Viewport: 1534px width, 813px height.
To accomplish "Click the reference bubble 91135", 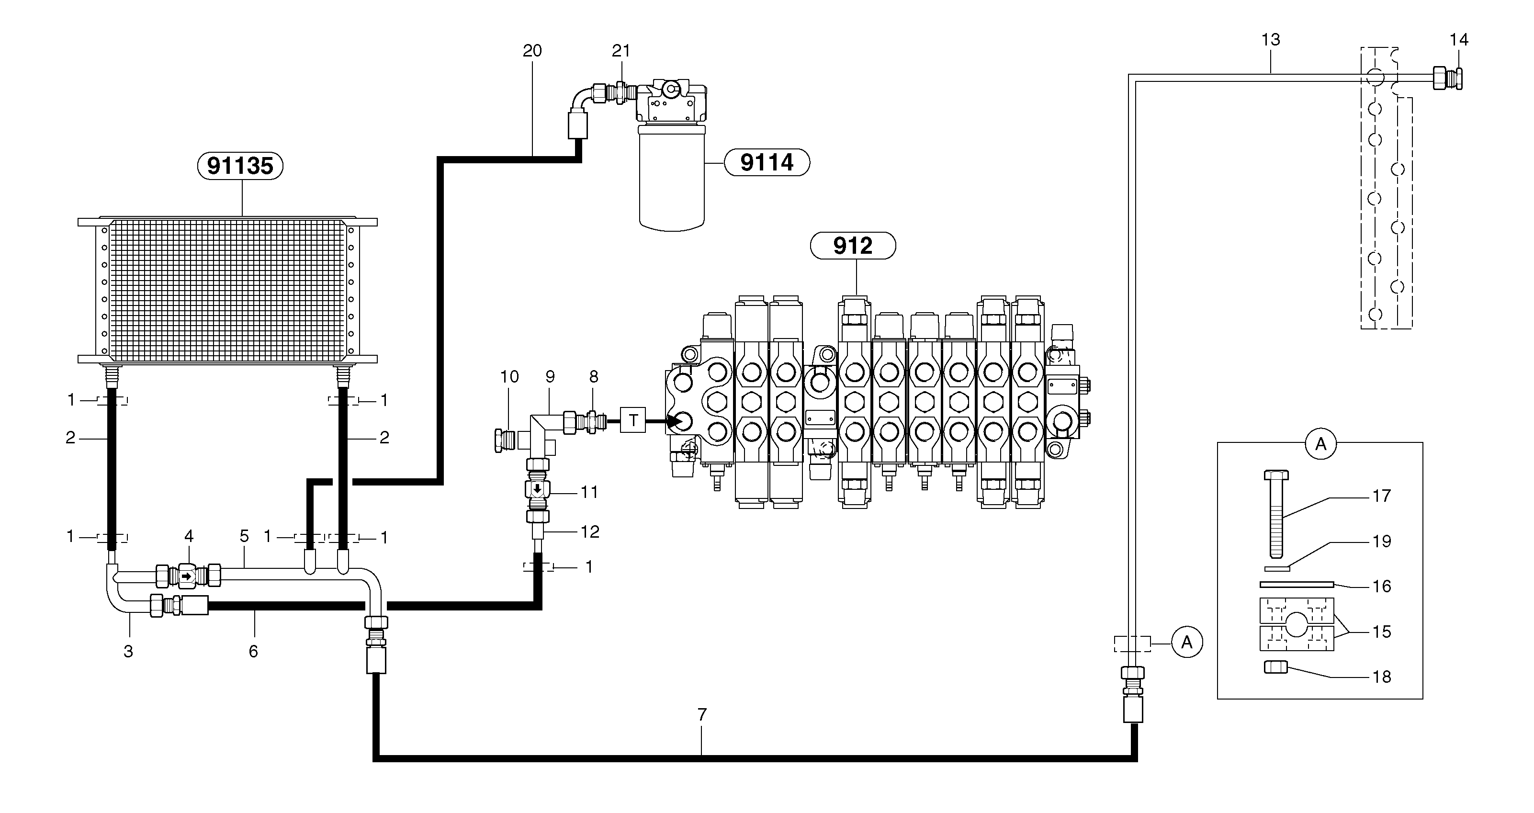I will [x=240, y=166].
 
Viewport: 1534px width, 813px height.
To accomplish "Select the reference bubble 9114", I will [x=767, y=162].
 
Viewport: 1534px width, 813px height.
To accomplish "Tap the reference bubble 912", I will [x=852, y=246].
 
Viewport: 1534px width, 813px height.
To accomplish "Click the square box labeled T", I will [x=632, y=420].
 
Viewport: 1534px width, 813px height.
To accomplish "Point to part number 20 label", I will [x=532, y=51].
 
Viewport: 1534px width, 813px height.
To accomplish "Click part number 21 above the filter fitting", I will [x=620, y=51].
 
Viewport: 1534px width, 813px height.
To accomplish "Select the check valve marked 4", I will [x=188, y=576].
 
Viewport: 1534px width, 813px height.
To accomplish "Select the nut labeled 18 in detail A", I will [x=1275, y=667].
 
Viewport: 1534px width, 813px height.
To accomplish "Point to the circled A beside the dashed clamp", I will [x=1186, y=642].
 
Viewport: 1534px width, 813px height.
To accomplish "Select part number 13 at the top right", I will [x=1270, y=39].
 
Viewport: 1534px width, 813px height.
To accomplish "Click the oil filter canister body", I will [x=671, y=179].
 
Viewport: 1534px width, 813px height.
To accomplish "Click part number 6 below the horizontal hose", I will [x=253, y=652].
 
